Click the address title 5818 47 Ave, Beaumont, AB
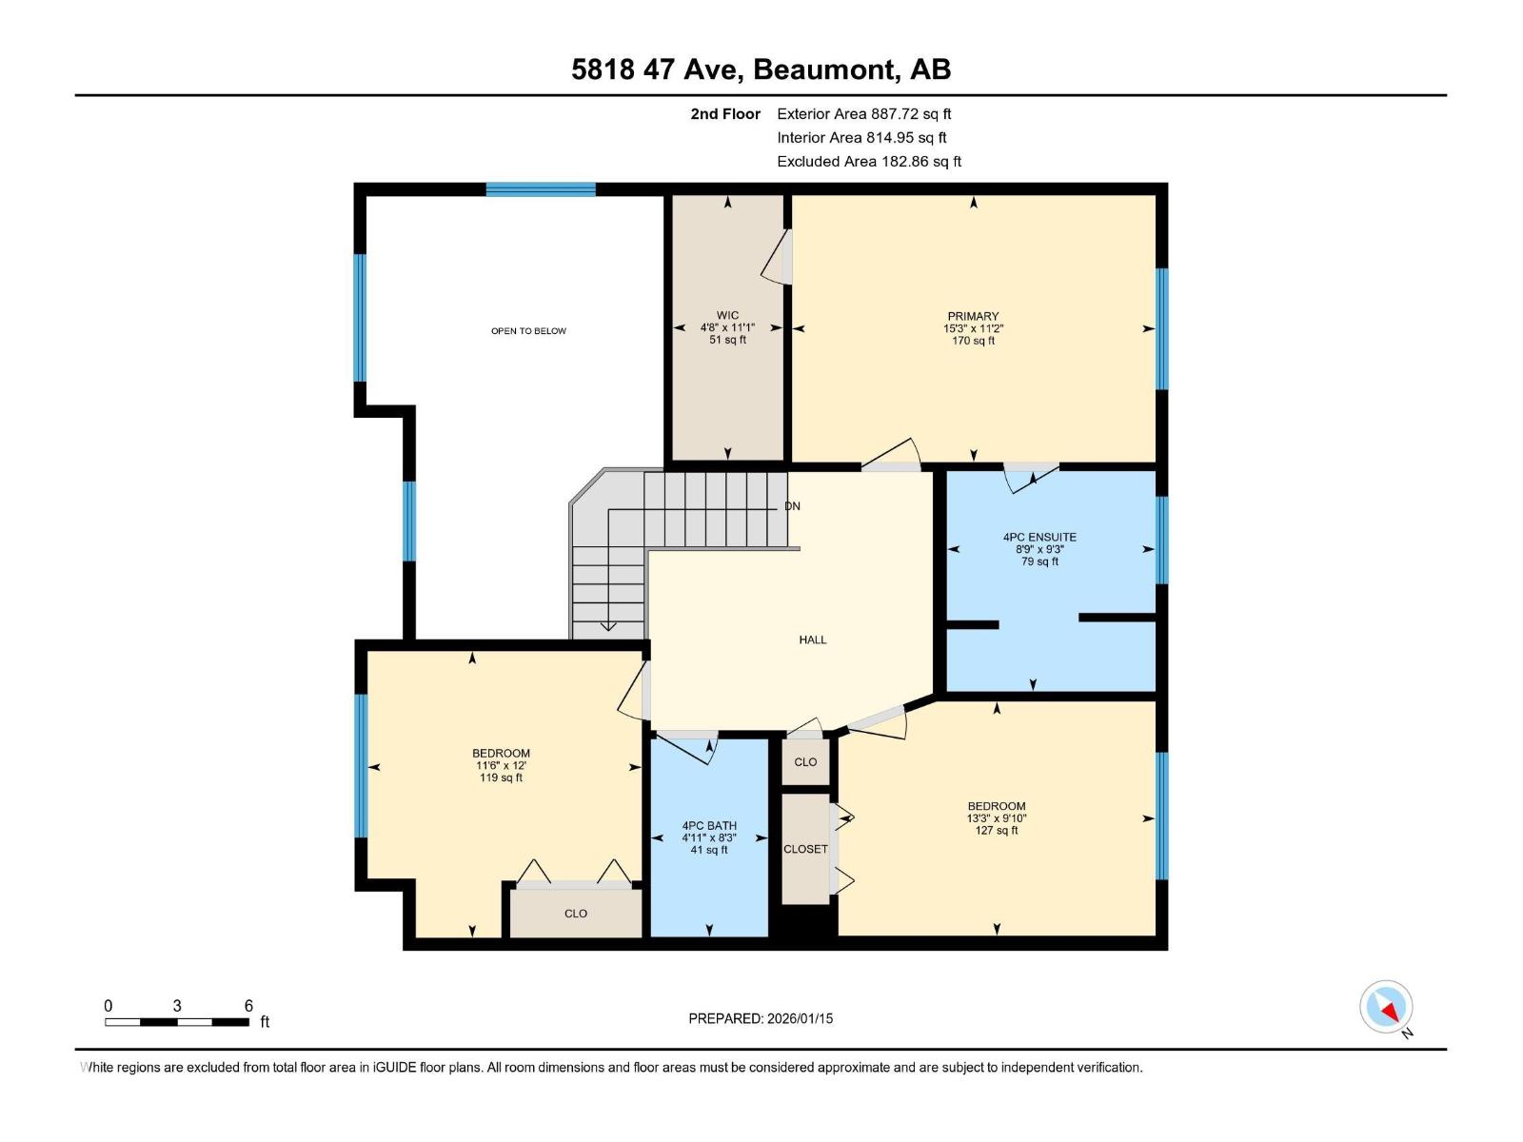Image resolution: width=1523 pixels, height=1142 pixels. click(x=761, y=69)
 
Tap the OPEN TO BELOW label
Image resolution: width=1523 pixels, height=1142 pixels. click(x=528, y=331)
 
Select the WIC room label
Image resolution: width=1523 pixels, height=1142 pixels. click(x=728, y=316)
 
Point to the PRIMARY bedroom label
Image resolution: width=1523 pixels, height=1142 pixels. click(x=974, y=316)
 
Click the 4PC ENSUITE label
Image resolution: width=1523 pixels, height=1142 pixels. click(x=1039, y=537)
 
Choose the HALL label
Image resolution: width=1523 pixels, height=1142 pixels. click(x=813, y=640)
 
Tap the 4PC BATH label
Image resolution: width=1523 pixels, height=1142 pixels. click(x=709, y=825)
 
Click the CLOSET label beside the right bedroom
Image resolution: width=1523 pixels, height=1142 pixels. click(x=805, y=849)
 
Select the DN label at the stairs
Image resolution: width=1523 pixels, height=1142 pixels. click(x=792, y=506)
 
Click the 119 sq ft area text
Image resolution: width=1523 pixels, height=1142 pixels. click(x=501, y=778)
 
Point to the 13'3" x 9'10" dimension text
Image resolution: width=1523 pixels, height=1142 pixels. click(x=997, y=818)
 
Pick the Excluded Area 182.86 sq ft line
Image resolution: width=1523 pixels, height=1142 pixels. click(x=869, y=162)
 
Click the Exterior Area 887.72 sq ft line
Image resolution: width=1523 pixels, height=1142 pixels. click(x=864, y=113)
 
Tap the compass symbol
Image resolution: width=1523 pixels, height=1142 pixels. click(x=1386, y=1006)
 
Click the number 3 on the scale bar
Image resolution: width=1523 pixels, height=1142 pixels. click(x=177, y=1005)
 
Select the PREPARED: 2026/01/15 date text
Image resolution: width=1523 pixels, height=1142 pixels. click(x=761, y=1018)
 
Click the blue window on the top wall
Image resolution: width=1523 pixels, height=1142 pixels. click(x=541, y=189)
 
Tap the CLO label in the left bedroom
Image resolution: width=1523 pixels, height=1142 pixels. click(x=576, y=914)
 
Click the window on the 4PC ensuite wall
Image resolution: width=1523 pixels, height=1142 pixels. click(x=1162, y=541)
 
